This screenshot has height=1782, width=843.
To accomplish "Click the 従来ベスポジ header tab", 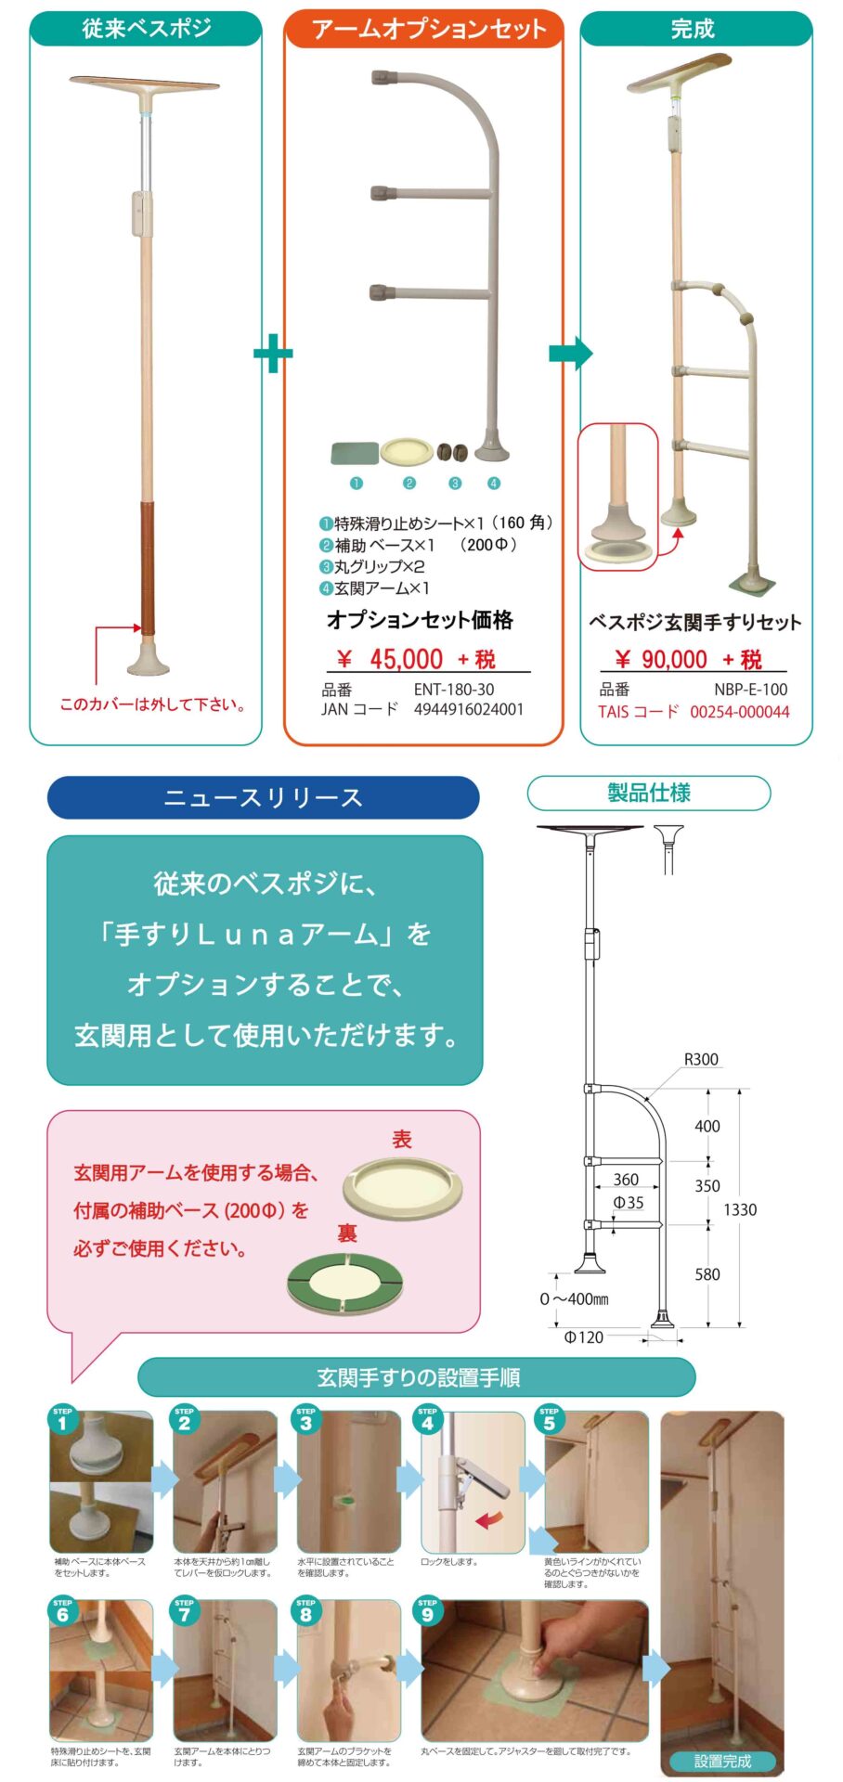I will click(x=146, y=29).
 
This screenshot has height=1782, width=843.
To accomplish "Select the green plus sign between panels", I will click(x=273, y=353).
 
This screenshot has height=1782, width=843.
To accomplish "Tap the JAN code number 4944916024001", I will click(x=468, y=709).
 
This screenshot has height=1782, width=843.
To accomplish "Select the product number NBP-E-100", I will click(x=750, y=690).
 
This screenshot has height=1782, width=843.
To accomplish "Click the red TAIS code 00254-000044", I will click(x=739, y=712).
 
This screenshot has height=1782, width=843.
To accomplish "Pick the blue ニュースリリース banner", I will click(x=263, y=797).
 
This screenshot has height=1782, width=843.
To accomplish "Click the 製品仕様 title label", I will click(x=649, y=793).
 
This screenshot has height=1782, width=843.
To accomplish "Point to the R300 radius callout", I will click(x=701, y=1059).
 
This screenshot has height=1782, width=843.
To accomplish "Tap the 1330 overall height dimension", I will click(x=739, y=1209).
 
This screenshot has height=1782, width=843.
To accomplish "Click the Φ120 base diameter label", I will click(x=583, y=1336).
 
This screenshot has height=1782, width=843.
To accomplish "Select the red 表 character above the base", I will click(x=401, y=1139).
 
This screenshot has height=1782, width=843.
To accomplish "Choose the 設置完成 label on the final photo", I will click(x=722, y=1761).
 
